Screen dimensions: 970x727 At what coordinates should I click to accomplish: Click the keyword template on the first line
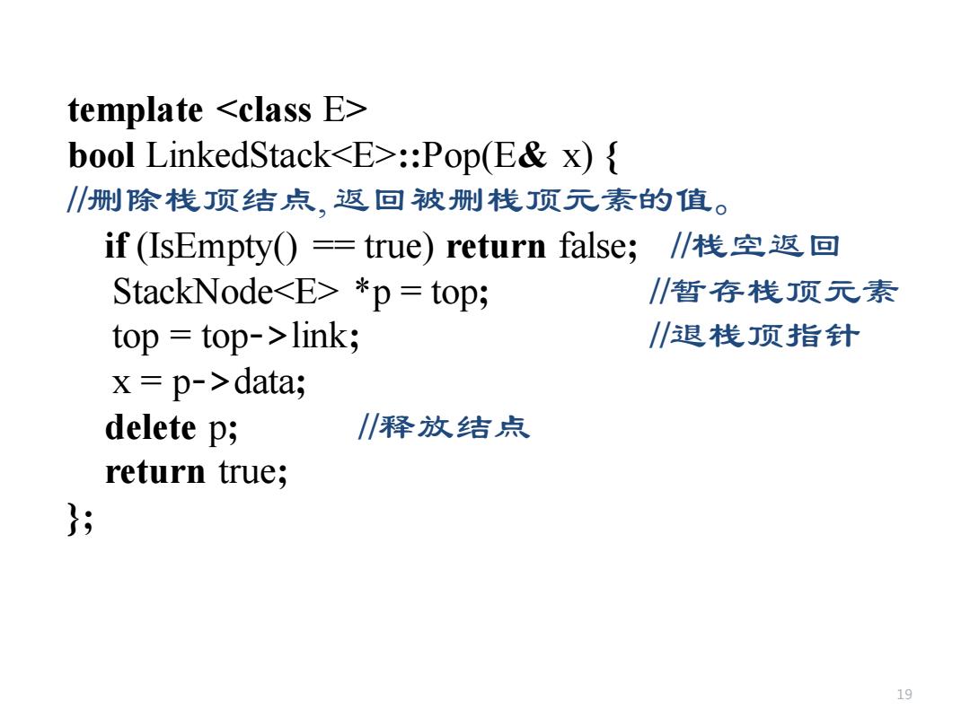(136, 111)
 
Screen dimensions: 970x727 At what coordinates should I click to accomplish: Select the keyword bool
(101, 155)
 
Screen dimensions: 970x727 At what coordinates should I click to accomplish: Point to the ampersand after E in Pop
(532, 155)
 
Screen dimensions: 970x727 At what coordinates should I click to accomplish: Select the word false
(594, 245)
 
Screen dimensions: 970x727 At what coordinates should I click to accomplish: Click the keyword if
(116, 245)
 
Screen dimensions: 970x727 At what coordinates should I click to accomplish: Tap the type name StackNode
(192, 291)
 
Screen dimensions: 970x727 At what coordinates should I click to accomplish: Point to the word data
(265, 382)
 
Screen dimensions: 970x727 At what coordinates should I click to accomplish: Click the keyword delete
(150, 427)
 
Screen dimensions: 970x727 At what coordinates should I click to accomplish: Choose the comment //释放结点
(444, 427)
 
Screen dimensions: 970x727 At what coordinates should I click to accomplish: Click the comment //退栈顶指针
(754, 337)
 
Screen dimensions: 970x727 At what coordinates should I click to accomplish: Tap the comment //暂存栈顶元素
(773, 291)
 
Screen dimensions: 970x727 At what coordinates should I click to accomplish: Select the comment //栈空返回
(754, 246)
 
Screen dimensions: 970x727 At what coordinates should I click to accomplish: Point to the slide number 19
(904, 694)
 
